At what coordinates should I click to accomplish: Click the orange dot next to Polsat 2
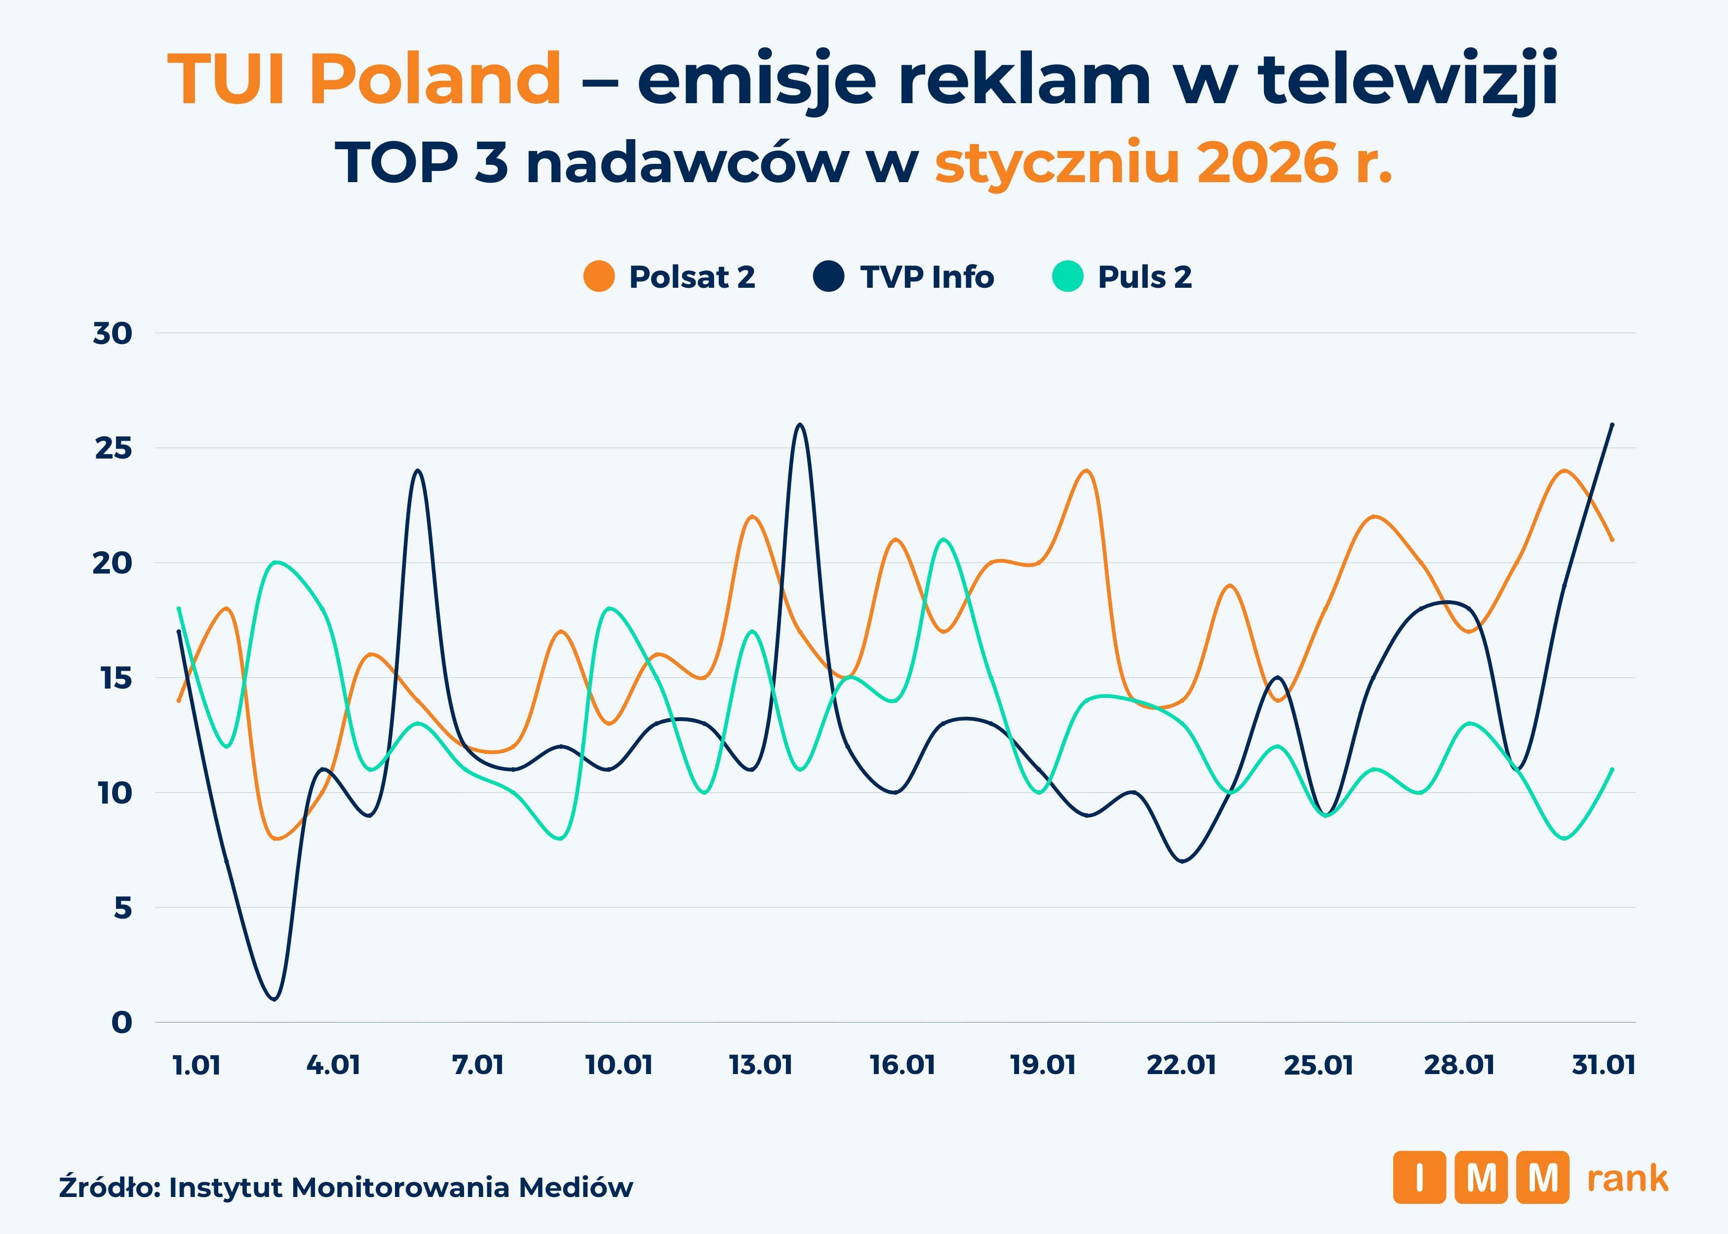click(599, 276)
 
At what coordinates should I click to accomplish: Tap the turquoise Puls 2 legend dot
click(1067, 276)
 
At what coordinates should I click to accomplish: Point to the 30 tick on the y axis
click(113, 334)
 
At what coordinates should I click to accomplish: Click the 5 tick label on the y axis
click(122, 908)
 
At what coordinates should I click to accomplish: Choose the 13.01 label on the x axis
click(761, 1065)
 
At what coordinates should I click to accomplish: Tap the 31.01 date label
click(1604, 1065)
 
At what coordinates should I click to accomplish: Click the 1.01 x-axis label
click(197, 1065)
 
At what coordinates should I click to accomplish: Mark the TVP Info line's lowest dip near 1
click(275, 999)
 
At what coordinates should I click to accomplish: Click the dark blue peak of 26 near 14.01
click(799, 425)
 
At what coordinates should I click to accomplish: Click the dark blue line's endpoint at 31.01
click(1612, 425)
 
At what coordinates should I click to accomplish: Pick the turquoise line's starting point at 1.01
click(179, 608)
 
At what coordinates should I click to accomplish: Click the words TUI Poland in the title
click(364, 79)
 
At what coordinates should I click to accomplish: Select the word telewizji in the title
click(1407, 79)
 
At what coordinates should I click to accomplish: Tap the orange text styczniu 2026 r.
click(1163, 162)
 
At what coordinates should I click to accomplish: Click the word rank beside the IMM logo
click(1627, 1179)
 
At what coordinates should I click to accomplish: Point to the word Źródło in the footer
click(109, 1187)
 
